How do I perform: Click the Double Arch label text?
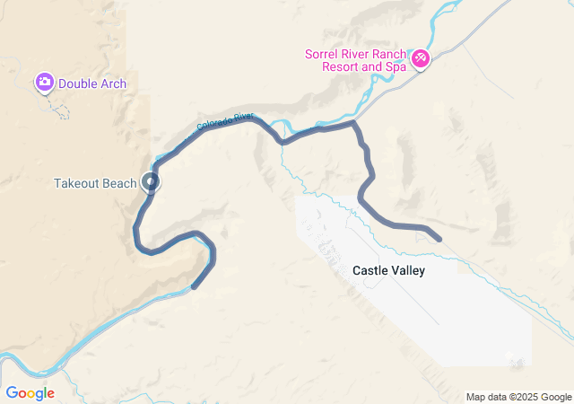point(92,84)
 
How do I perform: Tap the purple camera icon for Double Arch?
point(44,83)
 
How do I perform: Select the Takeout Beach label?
point(95,184)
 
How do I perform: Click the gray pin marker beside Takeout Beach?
point(151,182)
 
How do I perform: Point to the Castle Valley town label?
point(388,270)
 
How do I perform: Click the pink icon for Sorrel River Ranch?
point(420,59)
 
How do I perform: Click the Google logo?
point(30,393)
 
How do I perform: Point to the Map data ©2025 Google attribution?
point(518,397)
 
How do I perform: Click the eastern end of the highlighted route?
point(438,238)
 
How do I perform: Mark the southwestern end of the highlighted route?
point(195,286)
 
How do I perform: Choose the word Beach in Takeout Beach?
point(119,184)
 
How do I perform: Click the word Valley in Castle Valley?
point(408,270)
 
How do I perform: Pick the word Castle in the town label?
point(370,270)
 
